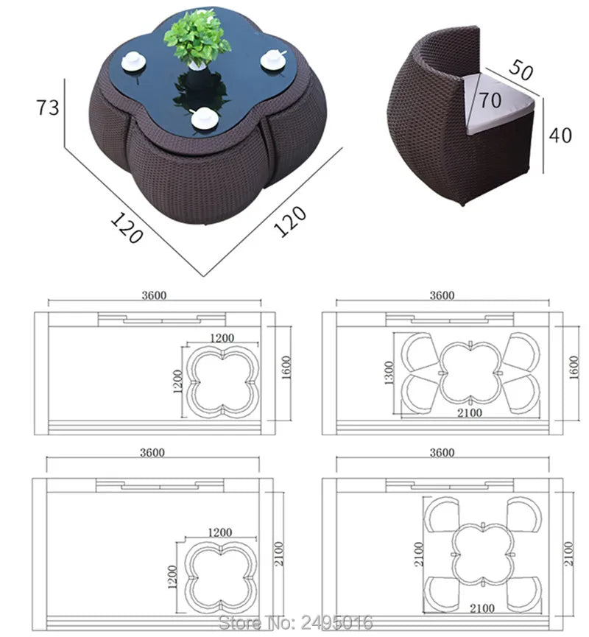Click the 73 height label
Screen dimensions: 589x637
click(48, 108)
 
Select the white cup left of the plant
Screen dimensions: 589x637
click(133, 61)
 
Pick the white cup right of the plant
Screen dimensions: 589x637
click(273, 60)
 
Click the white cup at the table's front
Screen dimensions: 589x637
click(202, 118)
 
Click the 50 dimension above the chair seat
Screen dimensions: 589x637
click(521, 69)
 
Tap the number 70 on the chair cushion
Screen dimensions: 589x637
click(490, 100)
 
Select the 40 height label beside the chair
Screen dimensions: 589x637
click(560, 135)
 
